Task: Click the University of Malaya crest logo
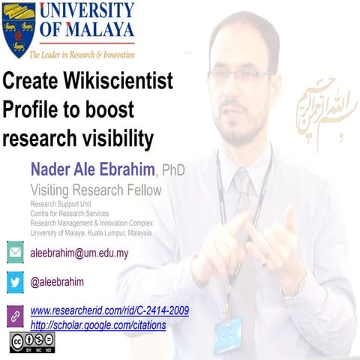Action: coord(19,30)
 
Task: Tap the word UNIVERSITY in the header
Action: coord(86,11)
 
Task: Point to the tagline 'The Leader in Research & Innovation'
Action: coord(82,54)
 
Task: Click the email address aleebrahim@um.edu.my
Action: coord(79,253)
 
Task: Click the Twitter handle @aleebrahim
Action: coord(57,282)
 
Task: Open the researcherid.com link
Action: coord(109,310)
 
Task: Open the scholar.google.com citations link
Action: coord(98,325)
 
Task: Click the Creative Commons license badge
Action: coord(32,343)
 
